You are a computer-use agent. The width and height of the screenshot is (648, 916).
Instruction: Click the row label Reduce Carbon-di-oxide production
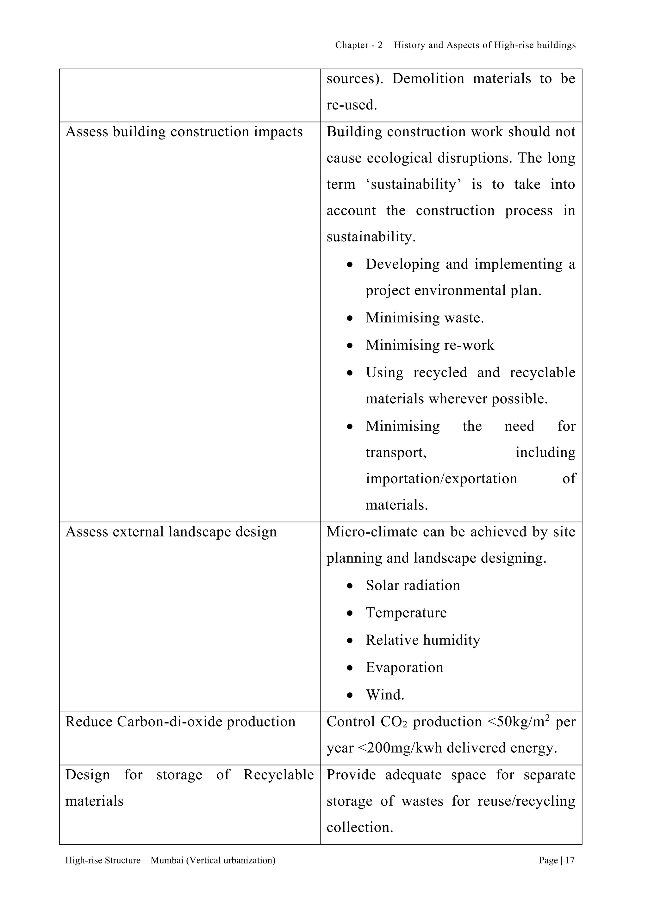click(x=180, y=722)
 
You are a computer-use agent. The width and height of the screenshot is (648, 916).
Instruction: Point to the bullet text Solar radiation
click(x=413, y=585)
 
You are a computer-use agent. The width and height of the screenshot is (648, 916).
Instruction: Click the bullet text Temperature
click(x=406, y=612)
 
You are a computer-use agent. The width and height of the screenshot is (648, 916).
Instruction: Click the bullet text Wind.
click(x=385, y=695)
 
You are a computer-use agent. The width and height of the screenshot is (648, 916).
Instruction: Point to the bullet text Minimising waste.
click(x=425, y=318)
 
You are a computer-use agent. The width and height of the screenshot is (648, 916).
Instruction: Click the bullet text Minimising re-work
click(x=430, y=345)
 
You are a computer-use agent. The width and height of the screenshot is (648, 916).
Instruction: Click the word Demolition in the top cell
click(x=428, y=78)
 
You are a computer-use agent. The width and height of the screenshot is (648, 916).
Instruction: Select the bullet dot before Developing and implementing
click(x=350, y=264)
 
